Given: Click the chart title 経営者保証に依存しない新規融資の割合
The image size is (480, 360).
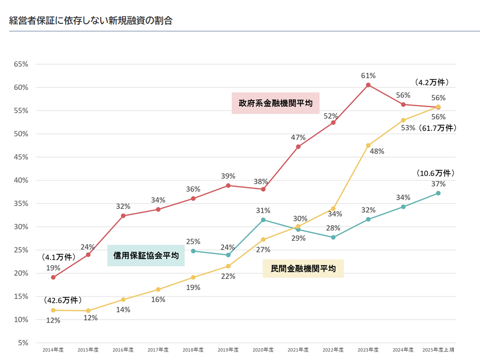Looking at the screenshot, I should coord(91,21).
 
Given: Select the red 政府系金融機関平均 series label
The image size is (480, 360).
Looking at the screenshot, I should coord(276,103).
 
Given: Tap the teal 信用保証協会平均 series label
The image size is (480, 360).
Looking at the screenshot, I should coord(146,256).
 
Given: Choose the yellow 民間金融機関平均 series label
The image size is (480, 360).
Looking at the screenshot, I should coord(303,268).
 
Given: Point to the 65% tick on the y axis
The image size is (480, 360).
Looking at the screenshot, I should coord(21,64).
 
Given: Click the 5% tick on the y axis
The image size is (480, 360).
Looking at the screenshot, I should coord(22,343).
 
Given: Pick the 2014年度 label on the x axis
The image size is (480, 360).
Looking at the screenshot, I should coord(53,350).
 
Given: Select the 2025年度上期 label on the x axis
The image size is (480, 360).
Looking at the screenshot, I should coord(438,350).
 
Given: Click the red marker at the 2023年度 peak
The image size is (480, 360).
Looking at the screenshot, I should coord(368,85).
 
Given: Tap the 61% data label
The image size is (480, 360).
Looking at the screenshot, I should coord(368,75).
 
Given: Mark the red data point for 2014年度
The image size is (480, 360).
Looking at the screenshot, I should coord(53,277).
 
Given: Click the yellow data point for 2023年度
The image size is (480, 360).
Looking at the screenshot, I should coord(368,145).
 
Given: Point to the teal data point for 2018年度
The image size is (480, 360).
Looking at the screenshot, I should coord(193,251).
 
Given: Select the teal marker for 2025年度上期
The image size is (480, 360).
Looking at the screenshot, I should coord(438,193).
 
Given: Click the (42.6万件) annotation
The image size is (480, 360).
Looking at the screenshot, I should coord(63,300).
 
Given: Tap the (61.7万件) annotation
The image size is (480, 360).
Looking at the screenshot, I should coord(437,128).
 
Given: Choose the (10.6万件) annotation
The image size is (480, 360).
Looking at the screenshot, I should coord(436,174).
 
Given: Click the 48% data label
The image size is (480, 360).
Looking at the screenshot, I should coord(377,152).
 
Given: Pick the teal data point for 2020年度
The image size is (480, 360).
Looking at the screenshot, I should coord(263,220).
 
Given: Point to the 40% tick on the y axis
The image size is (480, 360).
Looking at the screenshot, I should coord(21,180).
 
